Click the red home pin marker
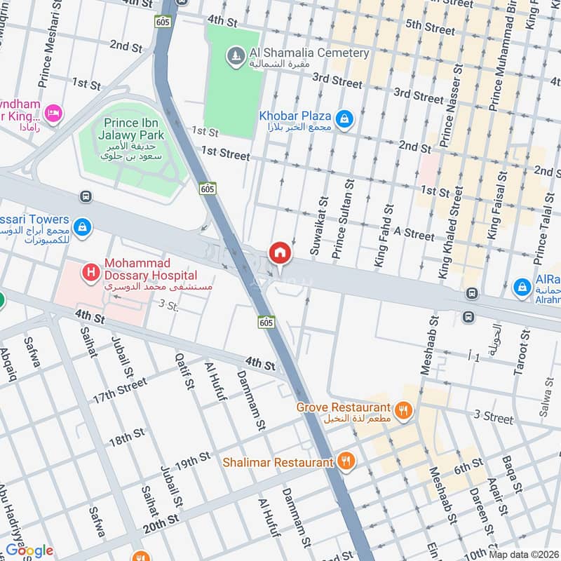click(x=280, y=253)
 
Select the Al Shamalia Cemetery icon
click(x=236, y=54)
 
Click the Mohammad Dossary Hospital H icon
click(x=90, y=270)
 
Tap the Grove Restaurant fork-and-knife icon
click(x=403, y=411)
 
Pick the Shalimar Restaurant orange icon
click(x=345, y=461)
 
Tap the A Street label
click(x=414, y=233)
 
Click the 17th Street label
click(x=120, y=390)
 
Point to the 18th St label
click(x=127, y=440)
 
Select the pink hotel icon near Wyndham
click(x=53, y=111)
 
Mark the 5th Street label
click(x=431, y=28)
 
